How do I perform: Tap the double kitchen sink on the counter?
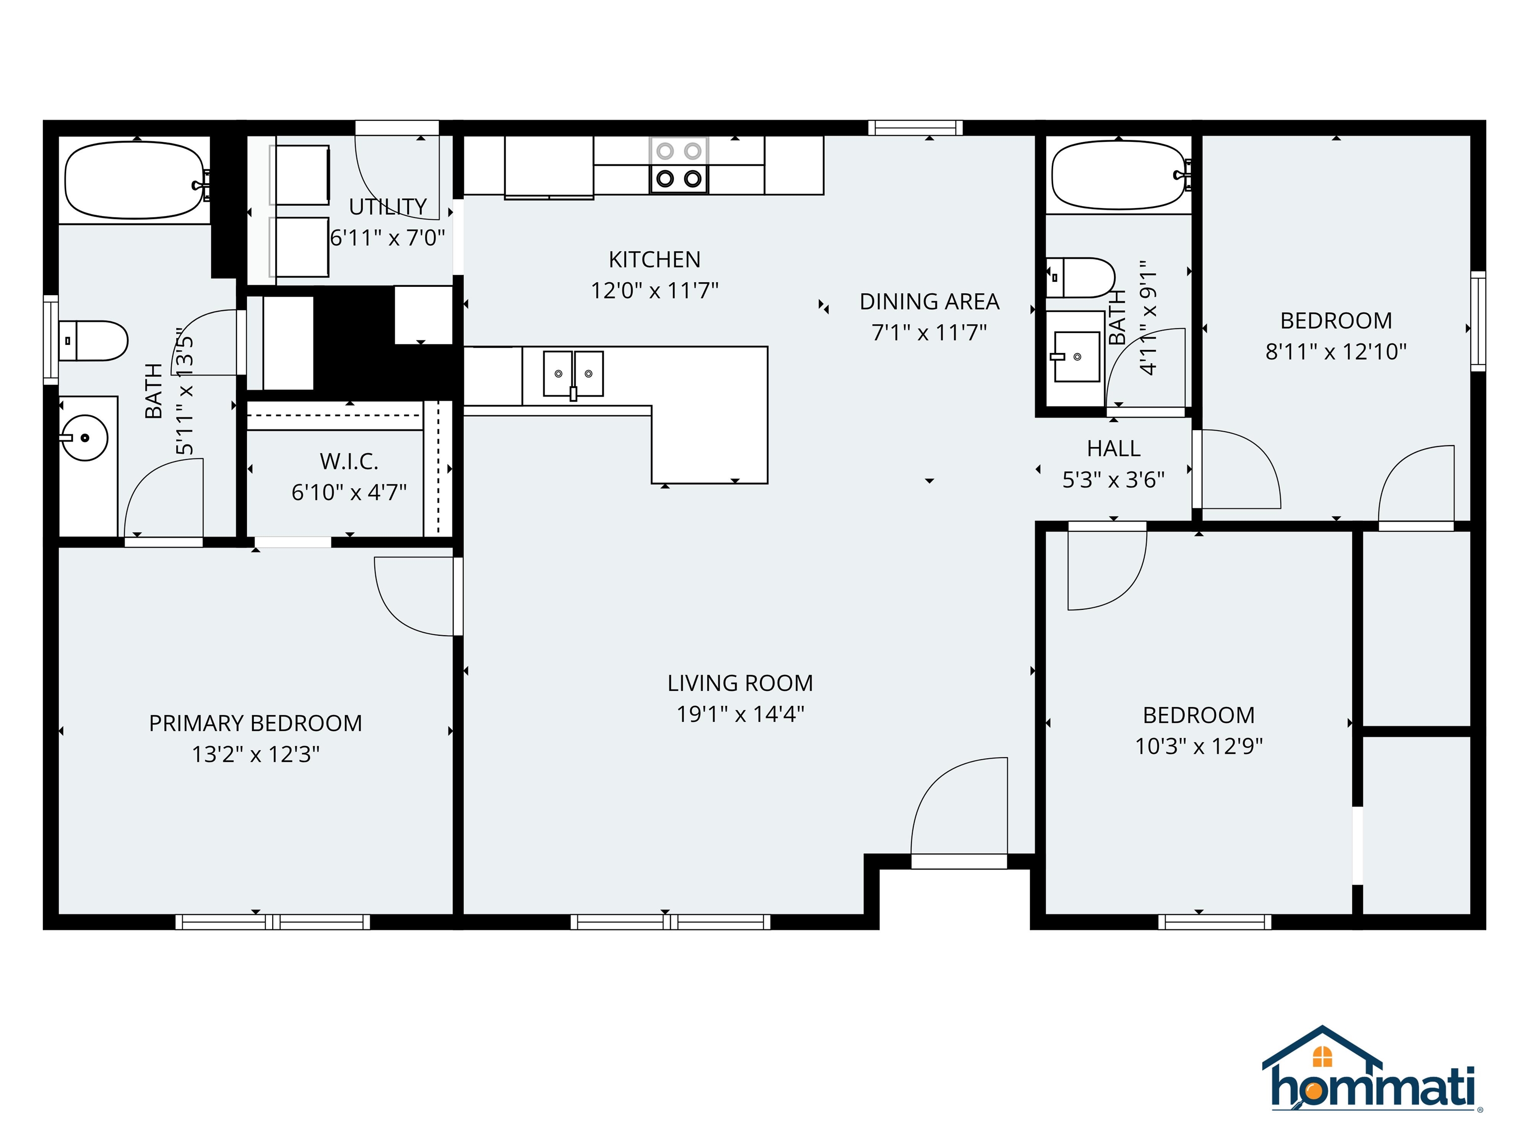tap(573, 374)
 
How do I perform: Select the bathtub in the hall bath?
tap(1119, 175)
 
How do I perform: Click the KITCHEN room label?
tap(654, 259)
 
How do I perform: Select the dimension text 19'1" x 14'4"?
tap(740, 713)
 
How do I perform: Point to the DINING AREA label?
tap(929, 302)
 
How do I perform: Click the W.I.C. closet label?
tap(348, 461)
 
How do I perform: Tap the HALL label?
tap(1113, 449)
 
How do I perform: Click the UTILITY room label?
tap(387, 207)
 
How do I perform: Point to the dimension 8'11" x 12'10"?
tap(1335, 352)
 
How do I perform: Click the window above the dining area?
tap(915, 128)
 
